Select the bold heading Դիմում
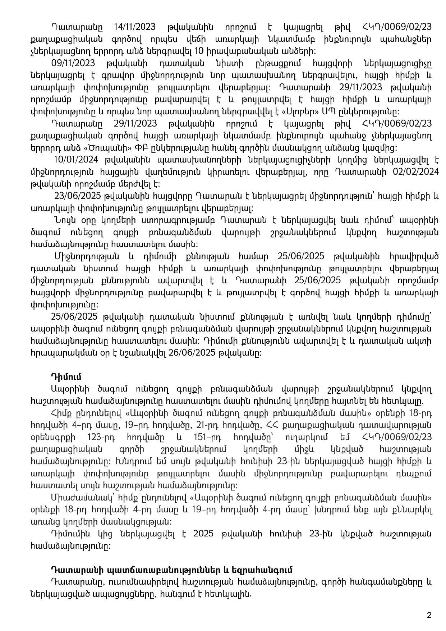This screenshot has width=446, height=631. click(66, 377)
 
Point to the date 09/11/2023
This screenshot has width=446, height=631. click(73, 64)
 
